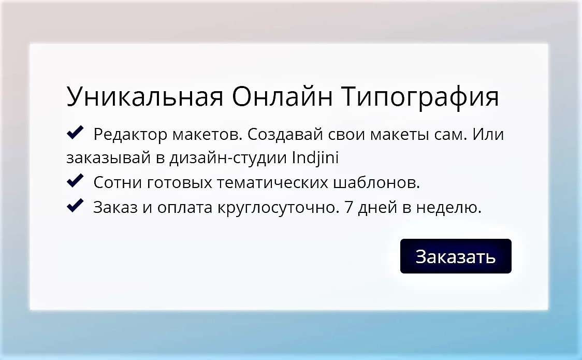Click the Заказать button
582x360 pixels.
(456, 256)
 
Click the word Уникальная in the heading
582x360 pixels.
(145, 96)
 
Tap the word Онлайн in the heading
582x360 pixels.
(282, 96)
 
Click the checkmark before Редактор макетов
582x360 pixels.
(75, 132)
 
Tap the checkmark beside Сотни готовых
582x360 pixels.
(75, 180)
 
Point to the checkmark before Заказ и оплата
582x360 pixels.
(75, 205)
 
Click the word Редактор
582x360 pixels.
(130, 134)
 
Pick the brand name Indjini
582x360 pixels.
(315, 158)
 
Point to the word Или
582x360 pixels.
(488, 134)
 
